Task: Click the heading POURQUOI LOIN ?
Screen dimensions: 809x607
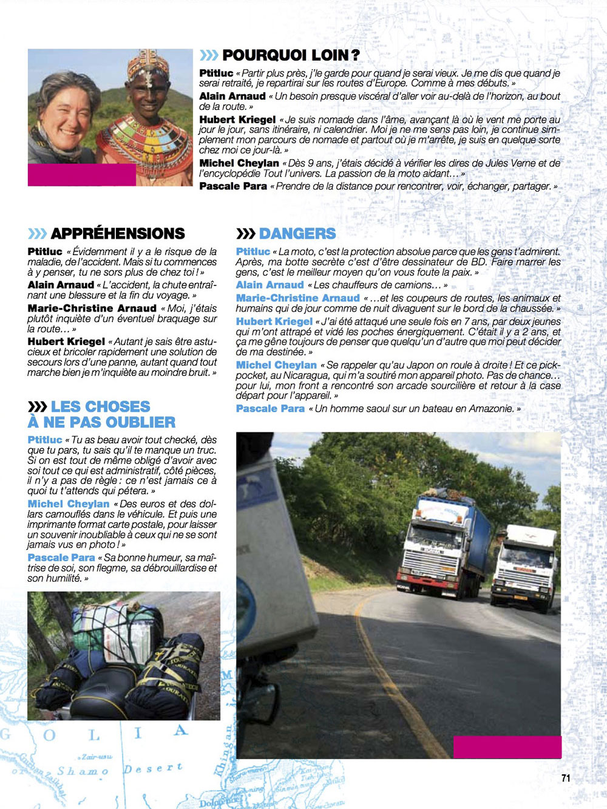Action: (x=291, y=55)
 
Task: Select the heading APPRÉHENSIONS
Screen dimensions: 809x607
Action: (x=118, y=233)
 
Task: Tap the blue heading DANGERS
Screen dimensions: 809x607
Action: (x=297, y=233)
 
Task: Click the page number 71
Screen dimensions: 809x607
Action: (x=566, y=778)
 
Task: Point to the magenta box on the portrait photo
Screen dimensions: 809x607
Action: (x=81, y=175)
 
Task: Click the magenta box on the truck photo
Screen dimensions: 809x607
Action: (x=507, y=746)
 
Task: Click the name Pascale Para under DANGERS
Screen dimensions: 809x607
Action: (x=270, y=409)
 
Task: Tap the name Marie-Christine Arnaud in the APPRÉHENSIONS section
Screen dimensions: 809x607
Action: (x=92, y=309)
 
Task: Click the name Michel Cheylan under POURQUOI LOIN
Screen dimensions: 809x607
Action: (x=239, y=163)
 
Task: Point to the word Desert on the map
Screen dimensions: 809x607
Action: (x=152, y=768)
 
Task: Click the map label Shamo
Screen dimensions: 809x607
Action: (x=83, y=771)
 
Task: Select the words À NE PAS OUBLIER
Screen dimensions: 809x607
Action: (x=101, y=422)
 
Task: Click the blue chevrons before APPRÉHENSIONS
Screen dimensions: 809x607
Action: (x=37, y=233)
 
